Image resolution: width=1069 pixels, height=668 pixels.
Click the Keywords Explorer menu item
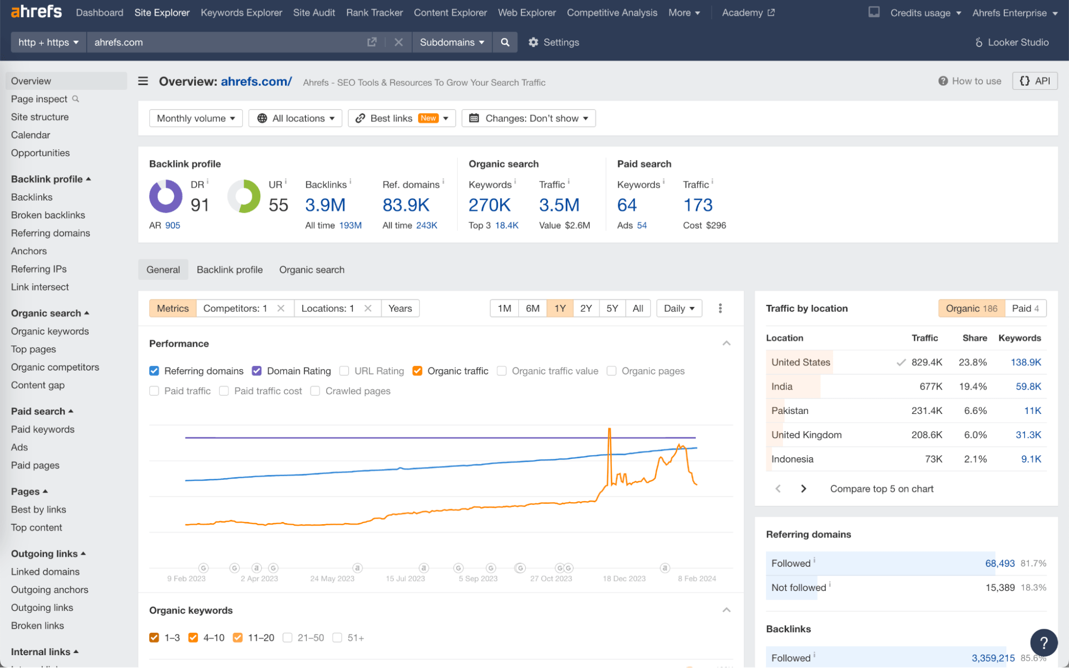[x=241, y=12]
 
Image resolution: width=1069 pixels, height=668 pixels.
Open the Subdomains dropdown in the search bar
[x=452, y=42]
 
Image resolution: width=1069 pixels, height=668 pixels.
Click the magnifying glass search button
[x=505, y=42]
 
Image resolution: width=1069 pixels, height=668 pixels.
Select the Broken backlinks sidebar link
[x=48, y=215]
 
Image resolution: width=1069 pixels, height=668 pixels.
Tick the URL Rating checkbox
[x=344, y=371]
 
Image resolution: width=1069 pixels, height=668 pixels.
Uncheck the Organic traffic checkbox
[x=418, y=371]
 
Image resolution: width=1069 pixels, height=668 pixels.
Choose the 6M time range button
[x=533, y=308]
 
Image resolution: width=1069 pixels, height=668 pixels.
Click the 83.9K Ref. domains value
[x=406, y=205]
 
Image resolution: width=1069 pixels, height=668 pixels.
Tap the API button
[x=1035, y=81]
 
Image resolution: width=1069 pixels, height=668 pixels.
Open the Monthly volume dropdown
[x=196, y=118]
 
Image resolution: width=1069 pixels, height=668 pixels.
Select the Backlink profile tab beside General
[x=229, y=270]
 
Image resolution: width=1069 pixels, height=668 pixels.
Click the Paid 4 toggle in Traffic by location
[x=1025, y=308]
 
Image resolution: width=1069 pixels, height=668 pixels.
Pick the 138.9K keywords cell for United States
[x=1026, y=362]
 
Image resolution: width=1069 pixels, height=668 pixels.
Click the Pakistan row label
[x=790, y=411]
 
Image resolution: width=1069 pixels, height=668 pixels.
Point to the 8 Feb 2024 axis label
[x=697, y=579]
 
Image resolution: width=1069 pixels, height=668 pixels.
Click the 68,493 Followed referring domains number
[x=999, y=563]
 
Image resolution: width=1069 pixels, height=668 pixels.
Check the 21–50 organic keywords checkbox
[x=288, y=638]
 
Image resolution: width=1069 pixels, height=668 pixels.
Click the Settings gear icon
[x=533, y=42]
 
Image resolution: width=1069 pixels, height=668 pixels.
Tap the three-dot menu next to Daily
[x=720, y=308]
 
